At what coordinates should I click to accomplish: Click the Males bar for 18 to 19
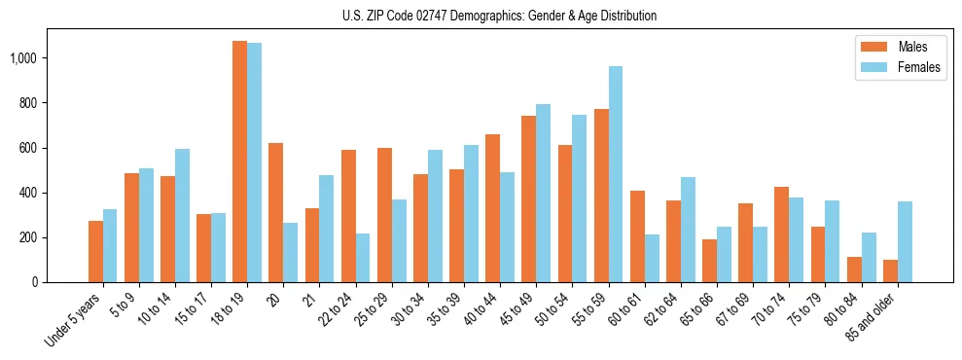[x=239, y=162]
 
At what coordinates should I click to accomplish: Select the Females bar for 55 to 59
[x=616, y=174]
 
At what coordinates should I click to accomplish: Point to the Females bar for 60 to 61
[x=652, y=258]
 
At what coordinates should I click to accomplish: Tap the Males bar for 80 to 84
[x=854, y=270]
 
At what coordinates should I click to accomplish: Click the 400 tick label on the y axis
[x=28, y=193]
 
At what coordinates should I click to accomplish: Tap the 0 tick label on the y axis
[x=34, y=282]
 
